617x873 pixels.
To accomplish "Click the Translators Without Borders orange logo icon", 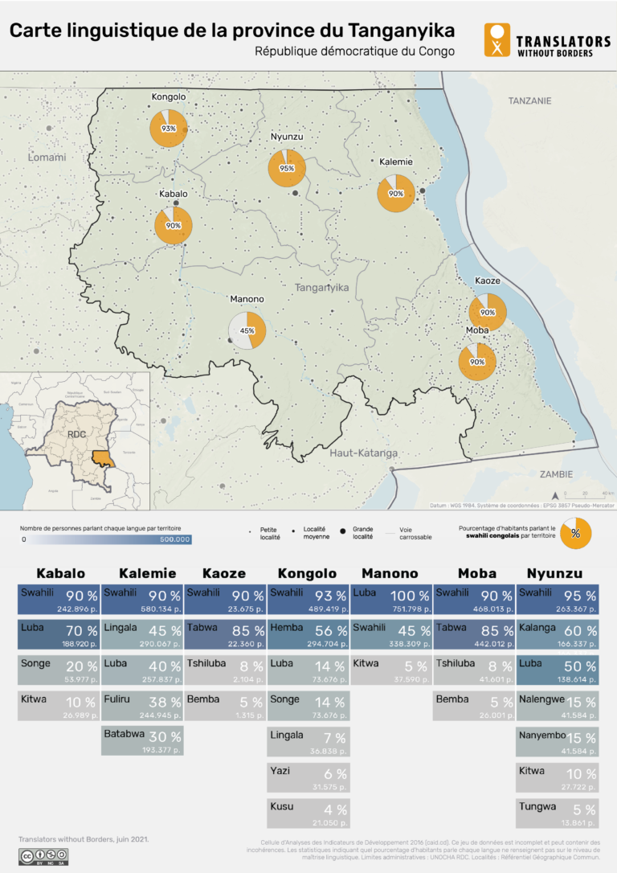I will [497, 39].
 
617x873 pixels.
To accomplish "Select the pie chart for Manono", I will [247, 330].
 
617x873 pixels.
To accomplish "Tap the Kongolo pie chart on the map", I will [169, 129].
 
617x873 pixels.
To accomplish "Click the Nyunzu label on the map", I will [287, 137].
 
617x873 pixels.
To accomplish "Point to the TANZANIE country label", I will [529, 101].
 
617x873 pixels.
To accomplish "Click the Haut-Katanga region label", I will [363, 453].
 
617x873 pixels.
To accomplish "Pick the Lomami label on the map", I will [47, 158].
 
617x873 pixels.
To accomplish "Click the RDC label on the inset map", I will [76, 435].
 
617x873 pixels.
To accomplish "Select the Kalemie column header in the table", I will [148, 573].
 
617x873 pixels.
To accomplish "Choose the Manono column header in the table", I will [390, 573].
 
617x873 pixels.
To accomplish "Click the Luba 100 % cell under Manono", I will [391, 600].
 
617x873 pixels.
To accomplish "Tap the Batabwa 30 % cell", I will [143, 741].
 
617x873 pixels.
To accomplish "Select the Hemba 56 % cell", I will [308, 635].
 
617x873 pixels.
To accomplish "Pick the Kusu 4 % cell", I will [308, 813].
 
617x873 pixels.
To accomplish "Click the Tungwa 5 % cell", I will [558, 813].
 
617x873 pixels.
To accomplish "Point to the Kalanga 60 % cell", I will [558, 635].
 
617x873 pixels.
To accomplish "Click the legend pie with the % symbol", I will [574, 533].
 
